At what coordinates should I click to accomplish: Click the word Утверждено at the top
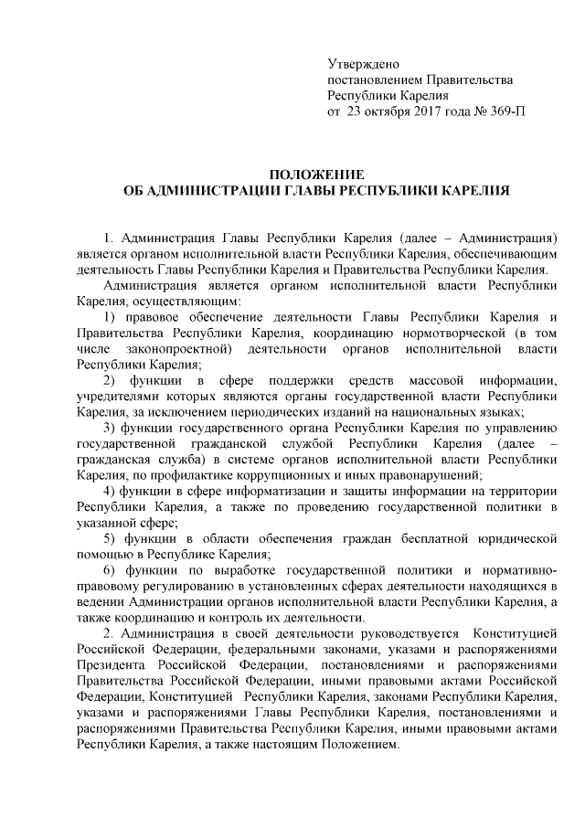click(364, 64)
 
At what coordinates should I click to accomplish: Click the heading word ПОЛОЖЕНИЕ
click(316, 174)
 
